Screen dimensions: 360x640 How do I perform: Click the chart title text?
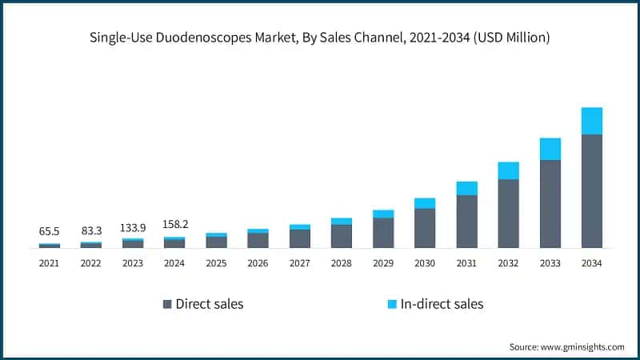coord(320,37)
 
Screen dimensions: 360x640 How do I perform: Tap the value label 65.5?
coord(50,231)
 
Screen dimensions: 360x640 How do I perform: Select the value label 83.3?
coord(91,230)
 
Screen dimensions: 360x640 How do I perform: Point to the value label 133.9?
coord(133,228)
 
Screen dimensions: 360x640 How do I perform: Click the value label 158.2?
coord(174,225)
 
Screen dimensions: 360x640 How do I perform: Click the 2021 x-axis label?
coord(50,263)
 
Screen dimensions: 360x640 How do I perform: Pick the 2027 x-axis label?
coord(299,263)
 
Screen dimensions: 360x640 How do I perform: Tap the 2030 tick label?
coord(425,263)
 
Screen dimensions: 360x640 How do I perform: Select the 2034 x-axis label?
coord(591,263)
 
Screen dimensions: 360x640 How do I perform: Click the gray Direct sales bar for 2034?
coord(591,191)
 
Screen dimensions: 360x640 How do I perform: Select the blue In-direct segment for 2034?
coord(591,121)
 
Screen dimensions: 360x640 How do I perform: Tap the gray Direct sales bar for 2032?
coord(508,214)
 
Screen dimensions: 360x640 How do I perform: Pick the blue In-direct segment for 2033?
coord(550,149)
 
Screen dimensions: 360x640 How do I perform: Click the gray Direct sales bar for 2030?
coord(425,228)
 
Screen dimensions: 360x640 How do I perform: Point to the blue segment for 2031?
coord(466,188)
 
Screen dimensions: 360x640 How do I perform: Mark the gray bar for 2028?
coord(342,236)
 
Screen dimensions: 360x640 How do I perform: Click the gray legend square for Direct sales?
coord(167,304)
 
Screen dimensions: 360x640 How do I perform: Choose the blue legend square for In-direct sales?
coord(391,304)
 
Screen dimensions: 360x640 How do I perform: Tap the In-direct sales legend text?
coord(442,304)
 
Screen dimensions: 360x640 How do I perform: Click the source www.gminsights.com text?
coord(566,346)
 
